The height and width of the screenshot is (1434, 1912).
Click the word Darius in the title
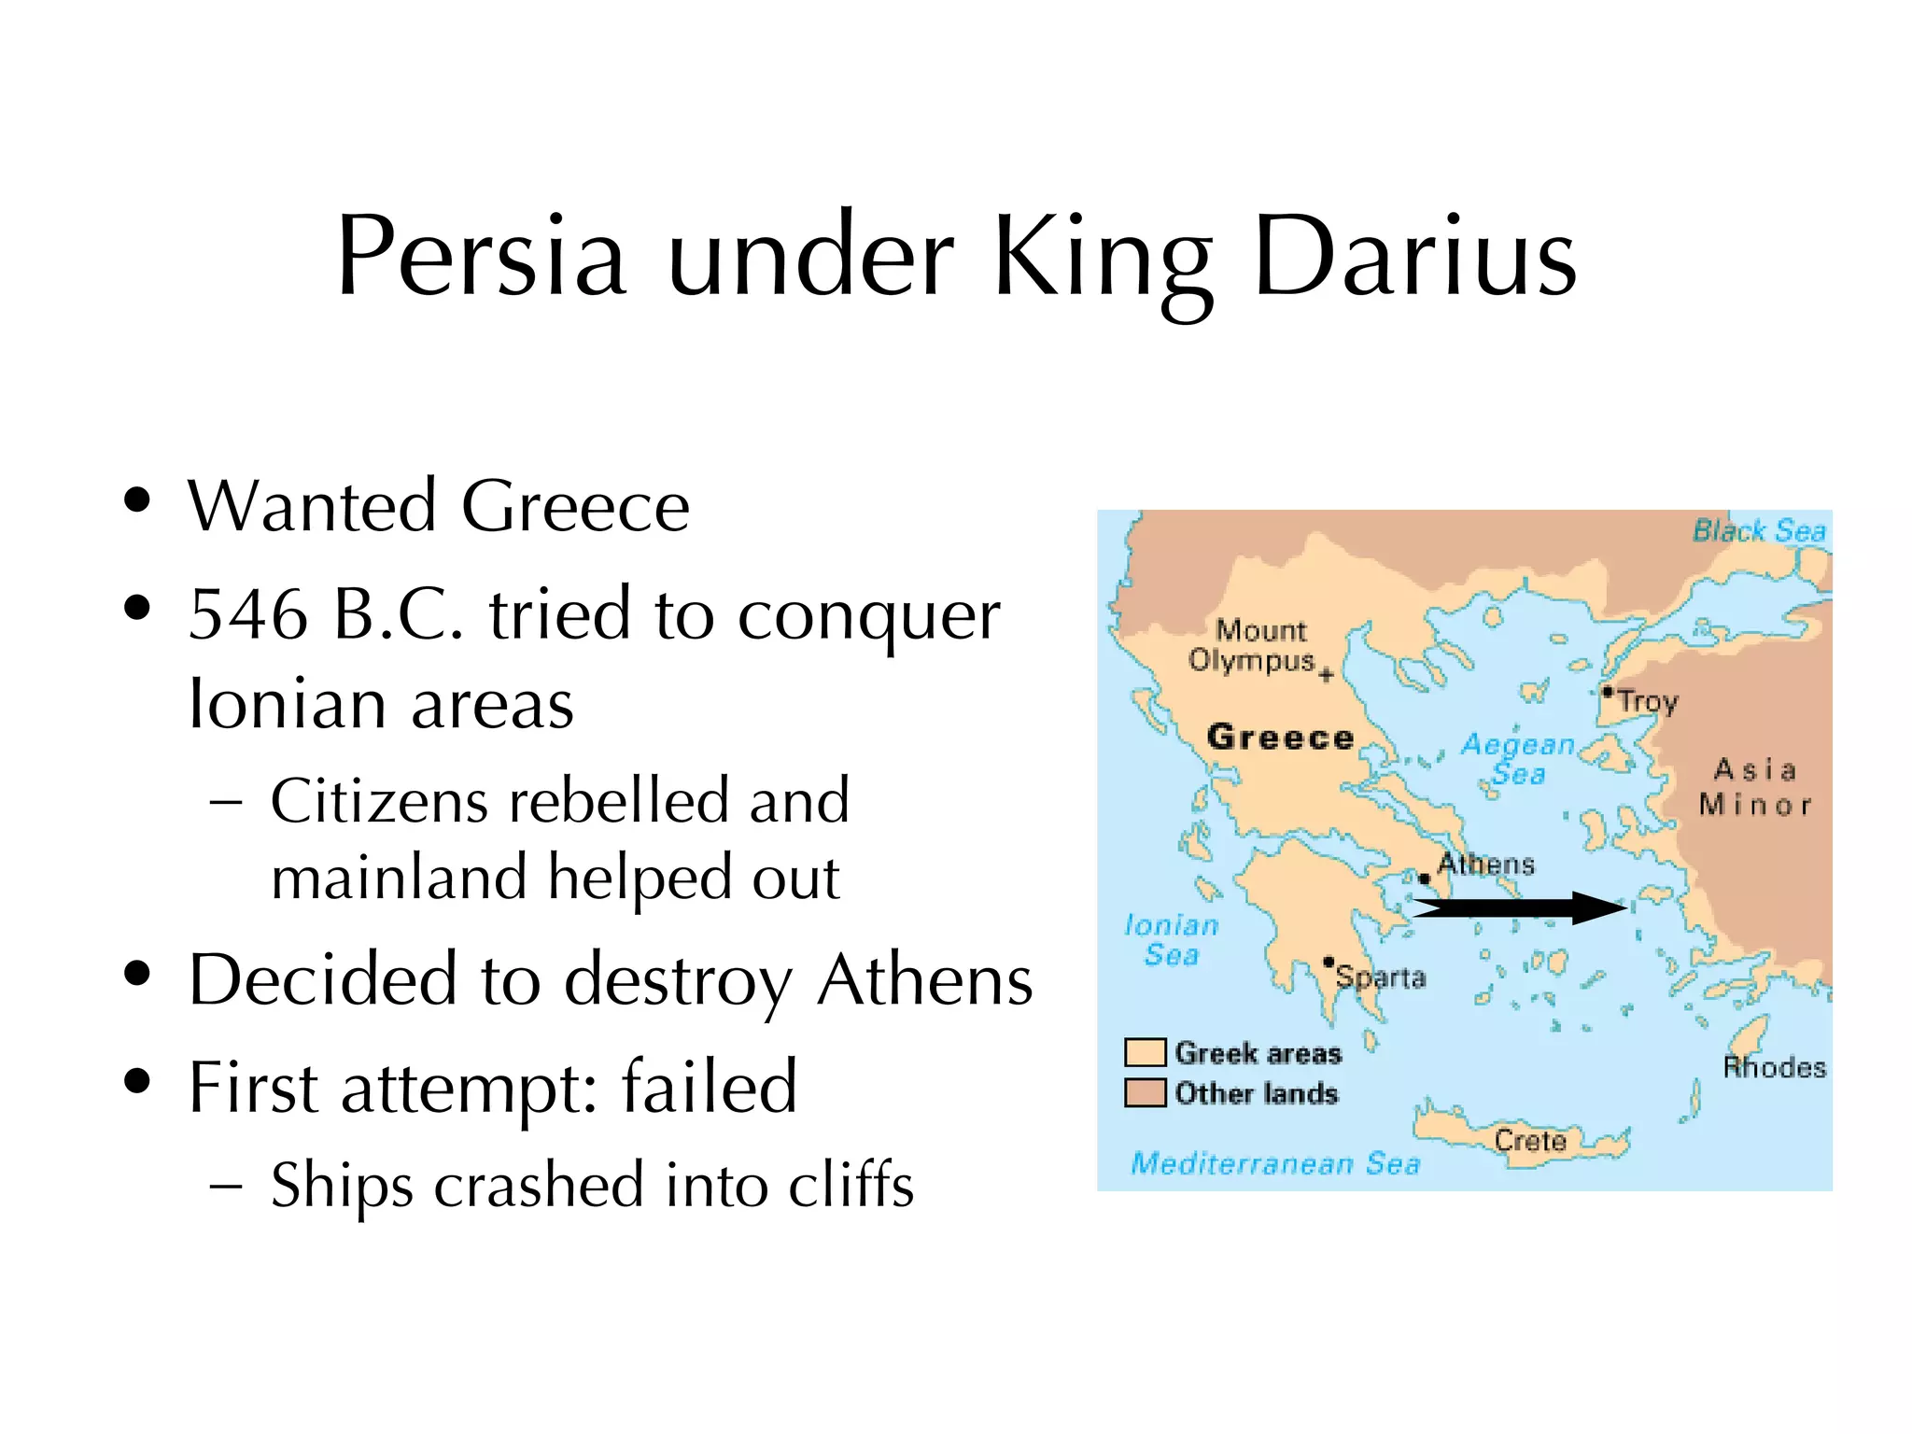1415,257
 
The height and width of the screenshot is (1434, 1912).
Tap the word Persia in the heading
481,257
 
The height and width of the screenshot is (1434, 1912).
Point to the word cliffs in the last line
851,1185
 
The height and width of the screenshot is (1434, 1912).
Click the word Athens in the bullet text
924,980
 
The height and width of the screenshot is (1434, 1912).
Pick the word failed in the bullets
710,1087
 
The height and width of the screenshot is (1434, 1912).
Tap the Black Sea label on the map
1759,531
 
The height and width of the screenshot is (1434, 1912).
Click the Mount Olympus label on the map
1256,645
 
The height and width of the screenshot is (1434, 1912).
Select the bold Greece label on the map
1280,738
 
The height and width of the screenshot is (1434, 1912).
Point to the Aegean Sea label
1517,758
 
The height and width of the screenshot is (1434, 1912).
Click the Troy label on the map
1647,701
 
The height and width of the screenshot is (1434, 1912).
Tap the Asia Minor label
1754,787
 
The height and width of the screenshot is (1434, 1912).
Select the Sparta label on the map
1381,977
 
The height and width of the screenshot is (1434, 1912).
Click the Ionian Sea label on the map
1172,940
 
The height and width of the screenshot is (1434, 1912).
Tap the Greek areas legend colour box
1145,1052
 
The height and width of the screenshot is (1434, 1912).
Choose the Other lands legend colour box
1145,1092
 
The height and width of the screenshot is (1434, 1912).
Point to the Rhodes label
1774,1067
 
